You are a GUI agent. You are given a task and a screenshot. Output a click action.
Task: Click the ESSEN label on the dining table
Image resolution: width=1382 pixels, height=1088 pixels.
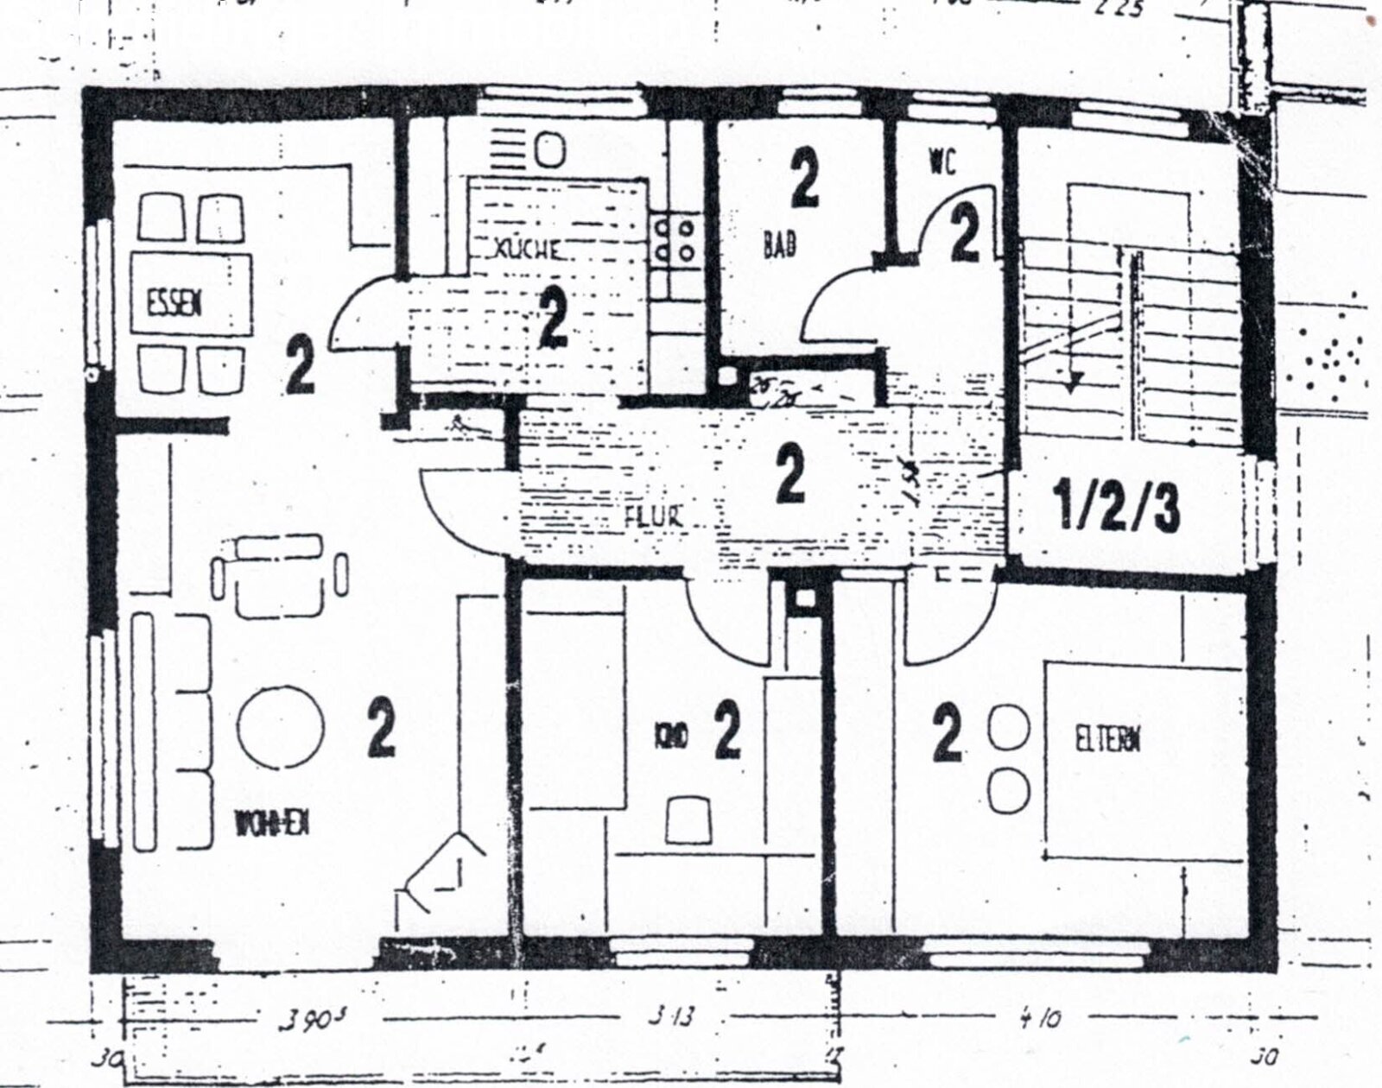[x=174, y=304]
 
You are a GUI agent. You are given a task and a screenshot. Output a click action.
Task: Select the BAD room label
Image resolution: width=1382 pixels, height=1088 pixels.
[x=779, y=244]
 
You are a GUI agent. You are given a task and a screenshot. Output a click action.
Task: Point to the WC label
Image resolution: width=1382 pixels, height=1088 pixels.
[x=943, y=163]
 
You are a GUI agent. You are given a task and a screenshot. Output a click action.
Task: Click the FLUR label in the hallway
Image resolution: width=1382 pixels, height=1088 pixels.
[x=653, y=517]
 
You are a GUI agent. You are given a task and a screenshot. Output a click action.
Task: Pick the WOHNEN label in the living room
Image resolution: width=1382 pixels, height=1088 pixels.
[x=271, y=825]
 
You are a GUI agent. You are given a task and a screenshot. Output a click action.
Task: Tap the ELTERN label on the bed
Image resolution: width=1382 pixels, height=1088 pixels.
[x=1110, y=740]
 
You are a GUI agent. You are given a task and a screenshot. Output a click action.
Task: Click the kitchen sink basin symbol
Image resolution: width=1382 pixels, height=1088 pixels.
[x=549, y=151]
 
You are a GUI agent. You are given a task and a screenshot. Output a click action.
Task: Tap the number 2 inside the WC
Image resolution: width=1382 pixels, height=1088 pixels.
[x=965, y=235]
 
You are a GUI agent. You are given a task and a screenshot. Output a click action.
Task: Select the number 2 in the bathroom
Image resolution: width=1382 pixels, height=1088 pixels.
[x=804, y=179]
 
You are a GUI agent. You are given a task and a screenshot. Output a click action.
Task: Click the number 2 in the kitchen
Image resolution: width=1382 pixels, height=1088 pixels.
[x=552, y=319]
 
